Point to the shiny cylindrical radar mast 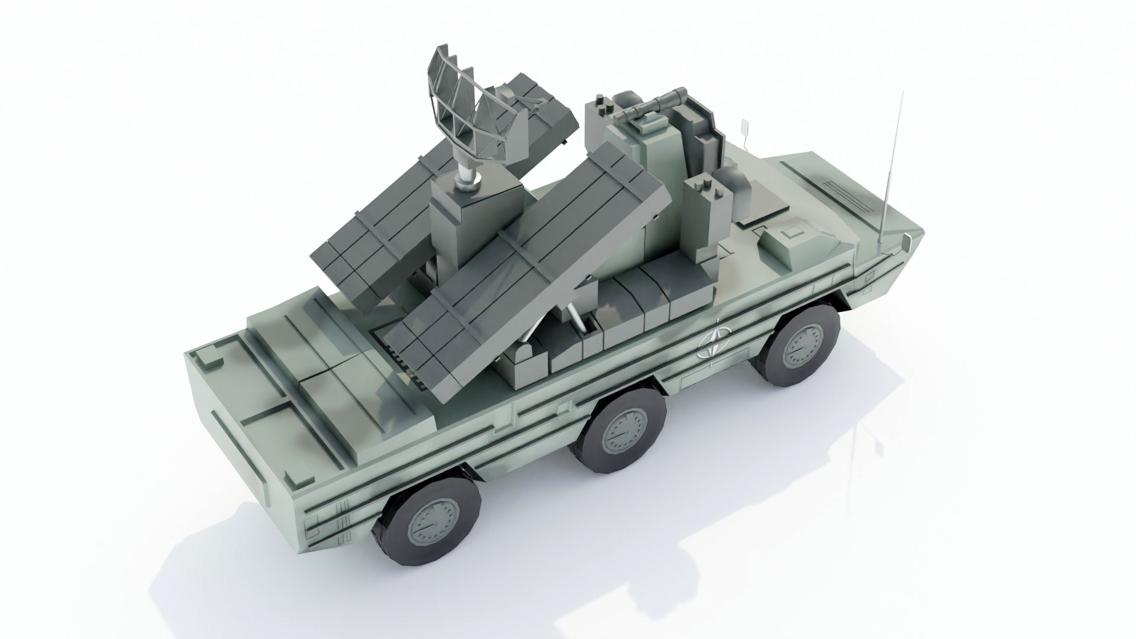tap(467, 172)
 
